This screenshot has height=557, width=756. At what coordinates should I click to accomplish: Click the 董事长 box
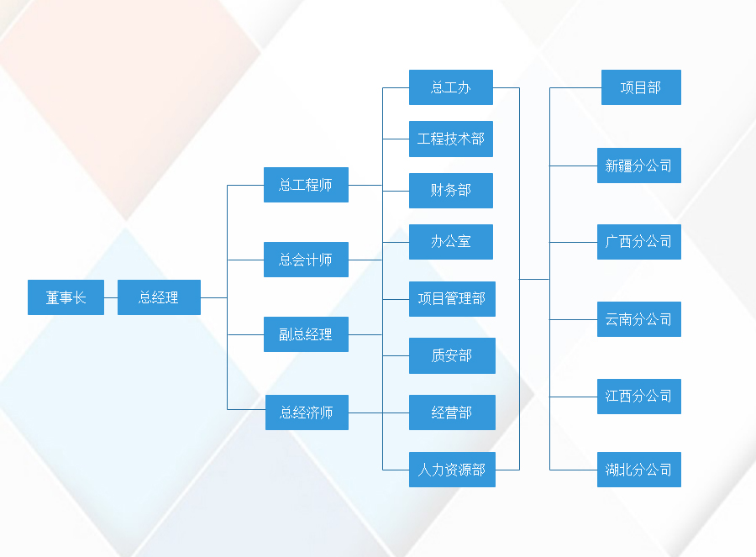click(x=66, y=297)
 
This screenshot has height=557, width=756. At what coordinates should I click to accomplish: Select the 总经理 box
click(x=159, y=297)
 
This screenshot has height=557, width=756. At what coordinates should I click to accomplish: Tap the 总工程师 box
click(x=306, y=185)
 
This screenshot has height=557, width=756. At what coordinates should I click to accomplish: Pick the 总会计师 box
click(x=306, y=260)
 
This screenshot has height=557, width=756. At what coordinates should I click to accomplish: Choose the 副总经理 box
click(x=306, y=334)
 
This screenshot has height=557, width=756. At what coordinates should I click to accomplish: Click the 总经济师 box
click(x=307, y=412)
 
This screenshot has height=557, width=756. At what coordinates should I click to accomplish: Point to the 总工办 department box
click(x=450, y=87)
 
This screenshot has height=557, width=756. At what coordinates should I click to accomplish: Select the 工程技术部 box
click(x=450, y=139)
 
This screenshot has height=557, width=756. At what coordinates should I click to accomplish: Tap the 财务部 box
click(x=450, y=190)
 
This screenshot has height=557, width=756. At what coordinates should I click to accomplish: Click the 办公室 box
click(x=450, y=241)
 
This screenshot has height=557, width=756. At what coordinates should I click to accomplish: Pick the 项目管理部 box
click(x=452, y=299)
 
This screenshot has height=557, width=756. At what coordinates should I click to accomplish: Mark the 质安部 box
click(x=452, y=355)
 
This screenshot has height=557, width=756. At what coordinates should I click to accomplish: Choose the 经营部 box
click(x=452, y=412)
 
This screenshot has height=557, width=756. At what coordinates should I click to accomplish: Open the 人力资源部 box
click(x=452, y=470)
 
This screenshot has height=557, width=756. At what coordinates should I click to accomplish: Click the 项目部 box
click(x=641, y=87)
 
